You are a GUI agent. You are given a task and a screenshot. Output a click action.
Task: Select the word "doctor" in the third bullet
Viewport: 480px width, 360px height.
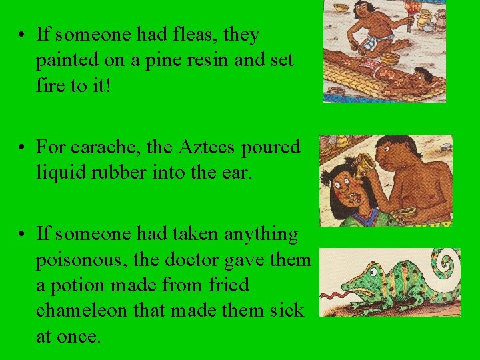tap(203, 259)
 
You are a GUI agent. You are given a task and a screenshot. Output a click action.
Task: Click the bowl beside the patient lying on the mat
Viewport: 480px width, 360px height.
tap(389, 59)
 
